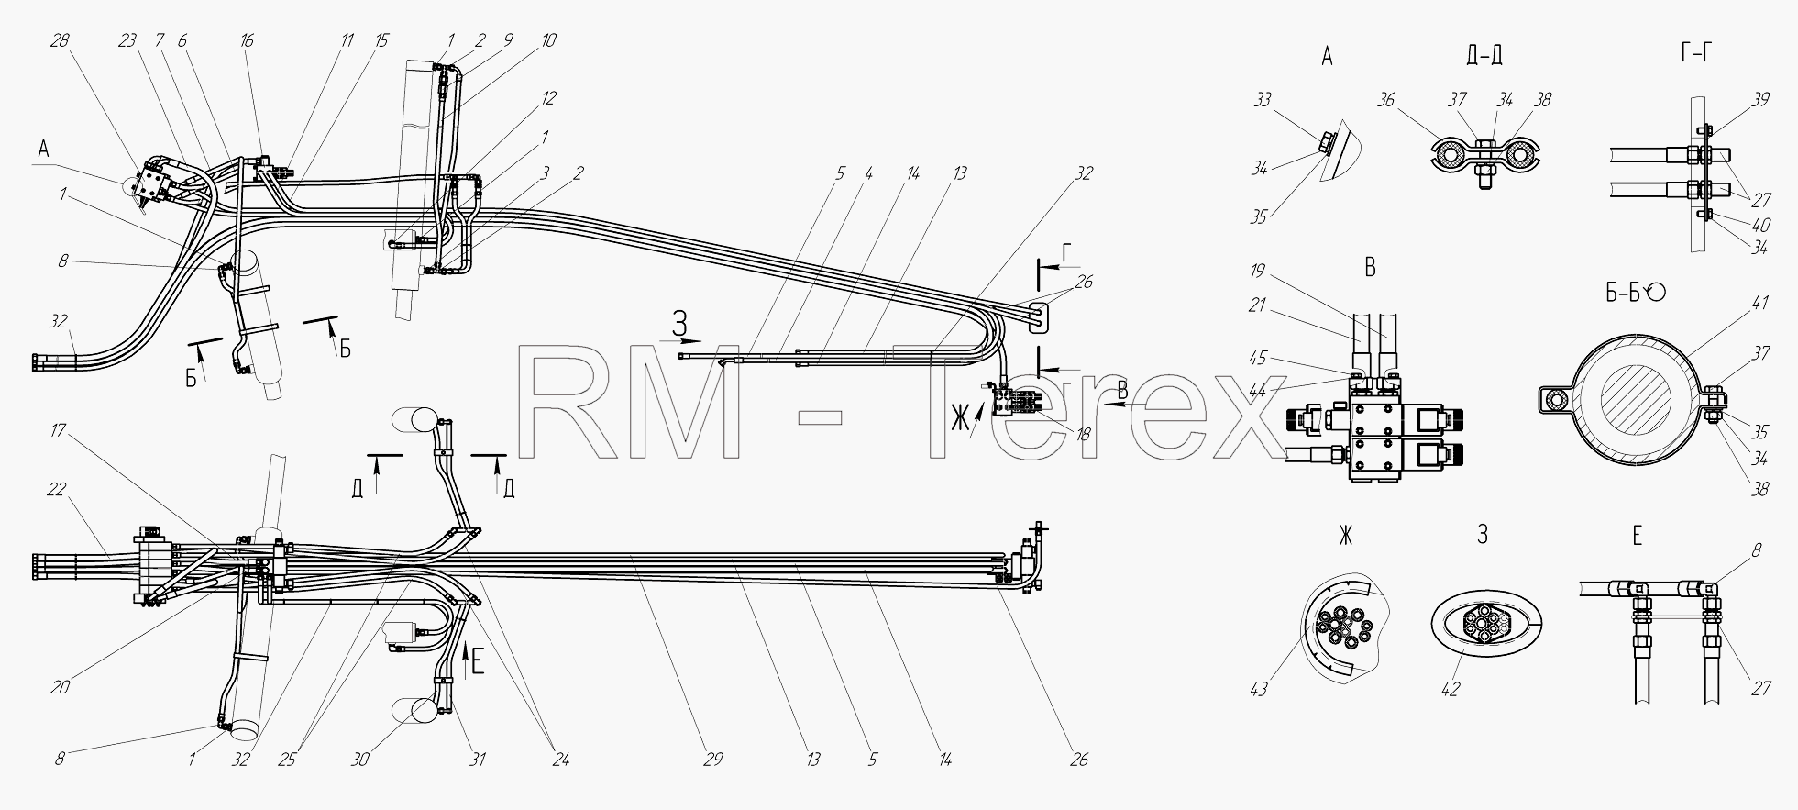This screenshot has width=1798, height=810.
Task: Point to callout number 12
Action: [x=548, y=98]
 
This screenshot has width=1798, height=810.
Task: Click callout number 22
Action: [x=57, y=489]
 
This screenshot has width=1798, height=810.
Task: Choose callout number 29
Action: [x=713, y=759]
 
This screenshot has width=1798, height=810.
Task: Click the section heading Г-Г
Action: [x=1698, y=53]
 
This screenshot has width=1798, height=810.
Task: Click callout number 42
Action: [x=1450, y=689]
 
